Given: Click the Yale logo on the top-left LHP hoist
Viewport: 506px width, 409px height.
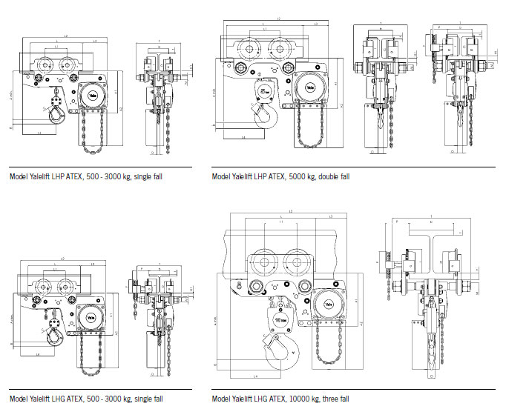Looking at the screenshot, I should coord(93,94).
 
